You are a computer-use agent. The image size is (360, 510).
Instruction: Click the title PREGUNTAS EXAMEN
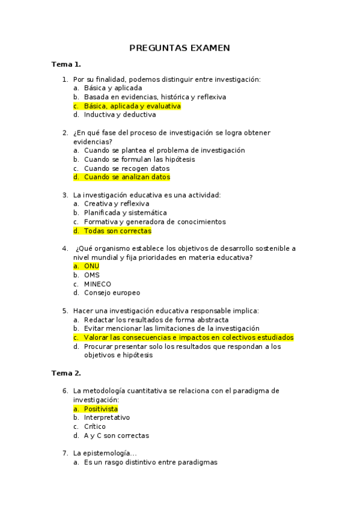coord(180,48)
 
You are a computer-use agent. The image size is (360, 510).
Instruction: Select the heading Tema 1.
coord(66,64)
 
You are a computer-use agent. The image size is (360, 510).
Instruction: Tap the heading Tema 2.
coord(66,373)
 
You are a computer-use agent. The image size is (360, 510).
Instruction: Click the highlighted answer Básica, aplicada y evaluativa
coord(132,106)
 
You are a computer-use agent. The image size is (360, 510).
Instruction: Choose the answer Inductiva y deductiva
coord(120,114)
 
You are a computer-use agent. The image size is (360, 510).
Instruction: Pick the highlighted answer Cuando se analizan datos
coord(127,177)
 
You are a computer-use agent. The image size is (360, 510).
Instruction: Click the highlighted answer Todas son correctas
coord(117,231)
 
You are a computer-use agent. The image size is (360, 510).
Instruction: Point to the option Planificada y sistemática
coord(125,213)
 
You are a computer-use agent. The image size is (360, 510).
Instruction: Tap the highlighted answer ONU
coord(91,266)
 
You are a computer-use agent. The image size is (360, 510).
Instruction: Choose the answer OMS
coord(92,275)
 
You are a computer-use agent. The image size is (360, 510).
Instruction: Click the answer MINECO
coord(97,284)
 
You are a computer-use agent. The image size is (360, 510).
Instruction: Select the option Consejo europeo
coord(112,293)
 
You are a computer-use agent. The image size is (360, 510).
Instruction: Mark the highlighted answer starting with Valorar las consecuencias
coord(189,337)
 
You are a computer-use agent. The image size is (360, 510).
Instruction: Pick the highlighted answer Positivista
coord(100,409)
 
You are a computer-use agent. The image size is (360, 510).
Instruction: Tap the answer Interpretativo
coord(107,417)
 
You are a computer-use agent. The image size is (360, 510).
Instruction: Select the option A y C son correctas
coord(117,435)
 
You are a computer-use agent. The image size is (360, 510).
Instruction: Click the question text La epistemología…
coord(105,453)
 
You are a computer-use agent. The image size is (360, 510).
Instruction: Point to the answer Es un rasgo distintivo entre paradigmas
coord(150,462)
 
